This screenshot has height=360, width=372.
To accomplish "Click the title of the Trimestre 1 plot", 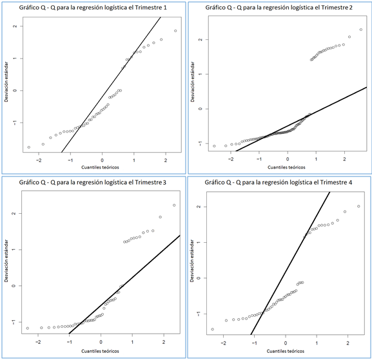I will [x=92, y=7].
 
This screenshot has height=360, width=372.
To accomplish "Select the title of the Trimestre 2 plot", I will [x=278, y=7].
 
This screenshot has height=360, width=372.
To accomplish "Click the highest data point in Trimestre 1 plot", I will [x=175, y=31].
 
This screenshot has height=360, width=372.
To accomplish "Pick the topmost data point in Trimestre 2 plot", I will [x=361, y=30].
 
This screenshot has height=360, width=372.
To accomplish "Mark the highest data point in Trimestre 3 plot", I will [x=174, y=205].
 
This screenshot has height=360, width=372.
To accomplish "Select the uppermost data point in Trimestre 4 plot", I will [x=358, y=207].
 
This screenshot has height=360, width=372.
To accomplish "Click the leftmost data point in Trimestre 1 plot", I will [x=29, y=147].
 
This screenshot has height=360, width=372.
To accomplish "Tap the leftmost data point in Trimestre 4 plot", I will [x=212, y=329].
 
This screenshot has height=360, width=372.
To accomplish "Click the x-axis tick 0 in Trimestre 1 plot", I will [x=102, y=159].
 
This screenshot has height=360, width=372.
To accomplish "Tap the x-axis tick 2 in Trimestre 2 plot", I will [x=345, y=159].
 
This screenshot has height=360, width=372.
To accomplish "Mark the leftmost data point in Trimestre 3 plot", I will [x=28, y=328].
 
